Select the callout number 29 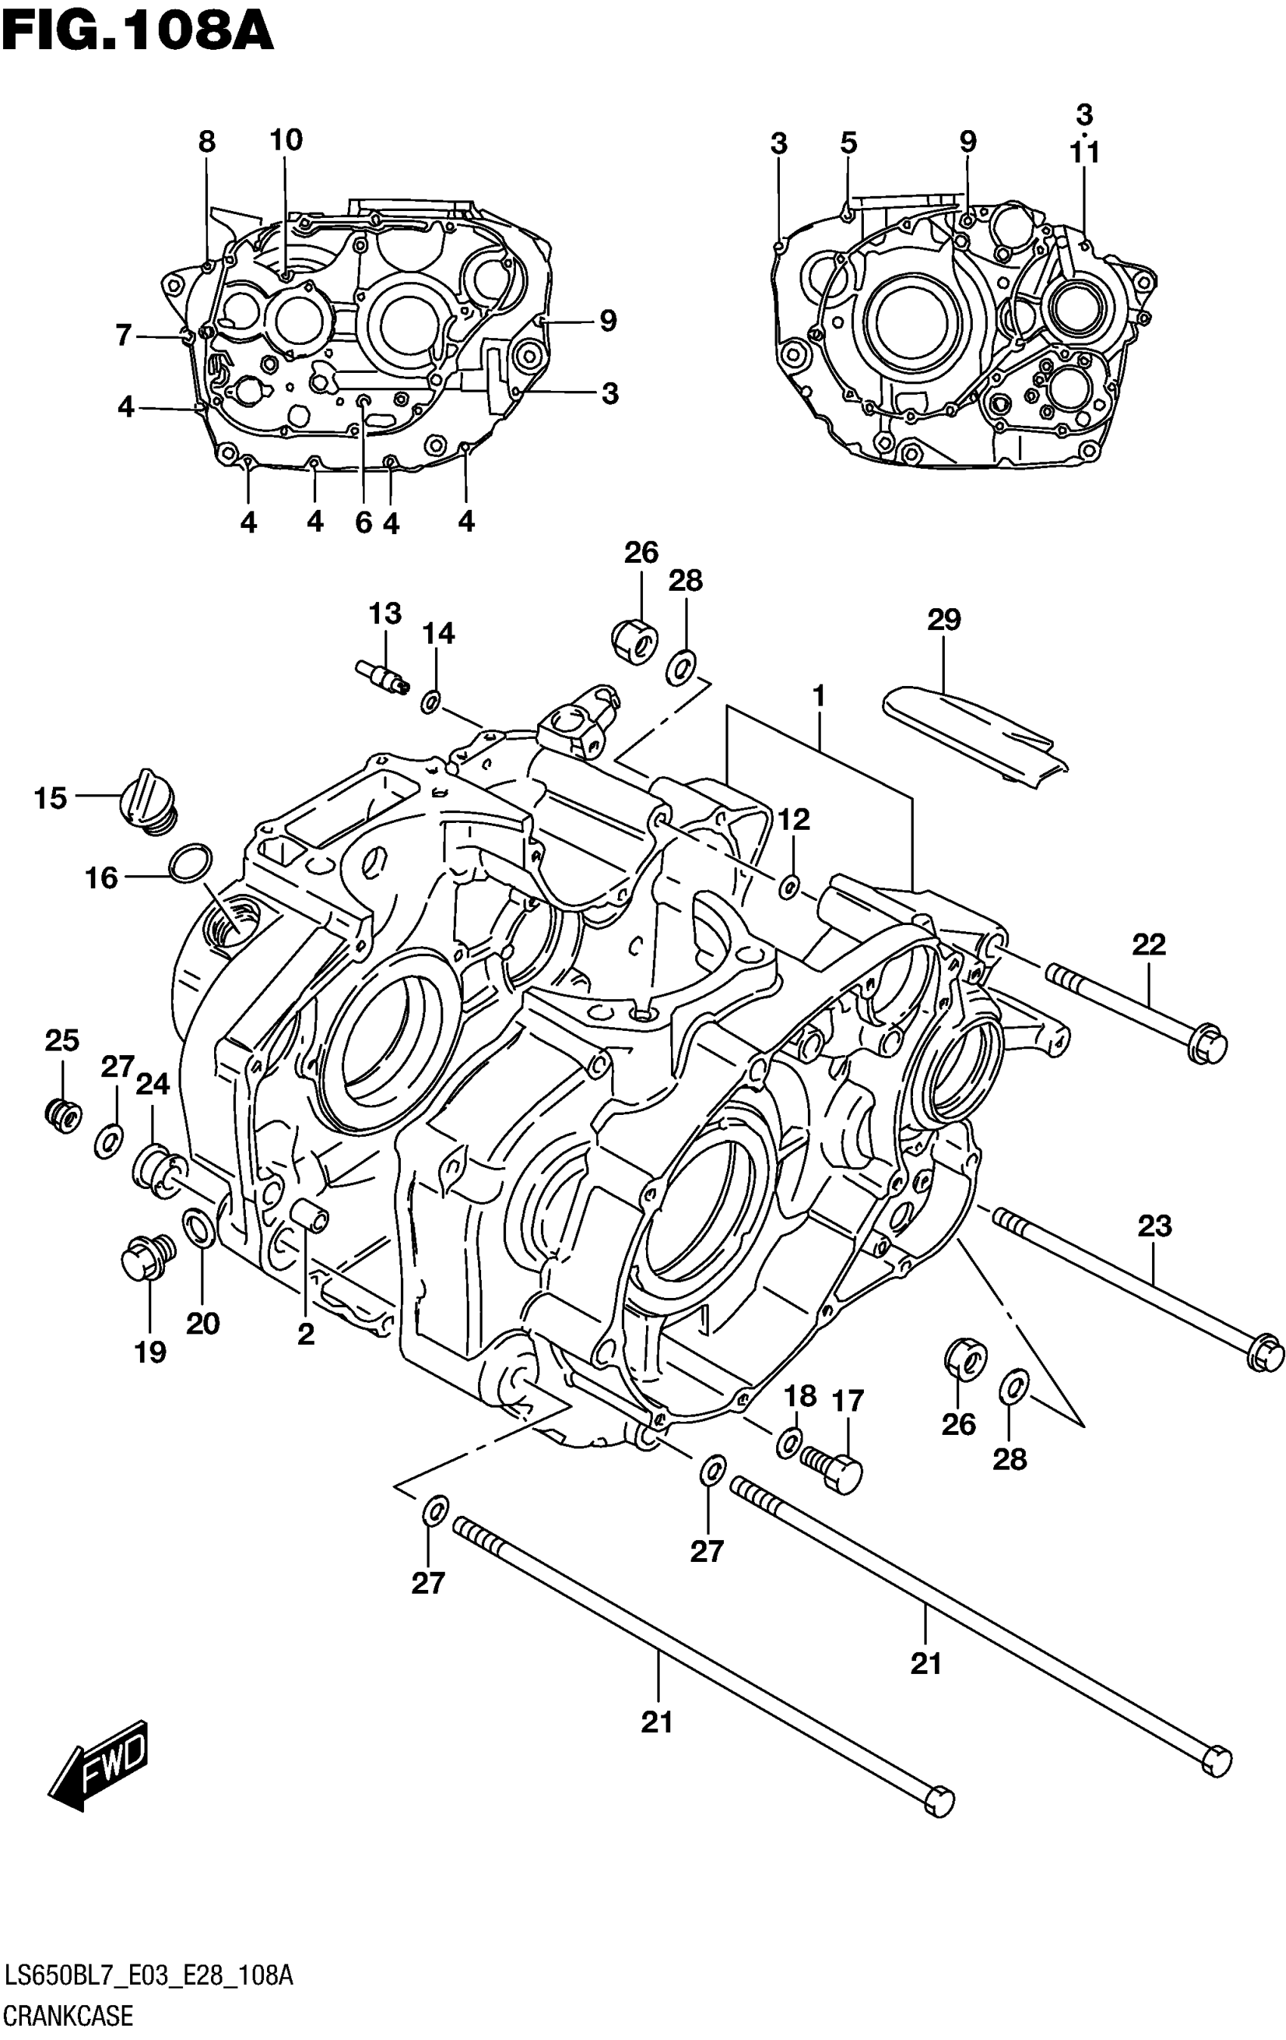[x=944, y=620]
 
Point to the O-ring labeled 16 [x=190, y=862]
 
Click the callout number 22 [x=1149, y=945]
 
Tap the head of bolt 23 [x=1265, y=1353]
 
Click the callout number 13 [x=384, y=613]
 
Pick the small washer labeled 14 [x=431, y=701]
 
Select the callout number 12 [x=794, y=819]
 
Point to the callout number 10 [x=287, y=140]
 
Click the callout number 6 [x=363, y=523]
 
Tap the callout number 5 [x=849, y=142]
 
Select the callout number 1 [x=819, y=697]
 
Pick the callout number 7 [x=124, y=337]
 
